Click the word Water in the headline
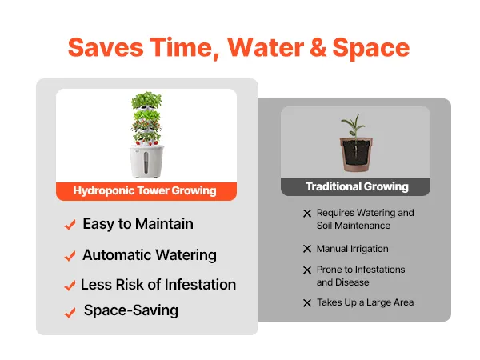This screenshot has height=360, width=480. coord(266,47)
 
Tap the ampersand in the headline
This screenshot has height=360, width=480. coord(318,47)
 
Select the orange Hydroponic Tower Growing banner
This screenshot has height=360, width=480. coord(146,191)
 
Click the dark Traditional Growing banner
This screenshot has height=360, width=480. coord(355,187)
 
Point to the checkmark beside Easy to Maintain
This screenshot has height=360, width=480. coord(70,225)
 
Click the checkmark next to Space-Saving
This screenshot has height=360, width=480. coord(70,313)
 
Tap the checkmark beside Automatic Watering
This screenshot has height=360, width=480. coord(70,256)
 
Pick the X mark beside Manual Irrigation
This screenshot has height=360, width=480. coord(307,249)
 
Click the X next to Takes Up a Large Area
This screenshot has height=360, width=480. coord(307,303)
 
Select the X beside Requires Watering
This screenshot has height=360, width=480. coord(307,214)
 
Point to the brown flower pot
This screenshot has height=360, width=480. coord(356,154)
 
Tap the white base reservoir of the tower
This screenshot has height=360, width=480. coord(146,162)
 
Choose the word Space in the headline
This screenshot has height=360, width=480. coord(371,48)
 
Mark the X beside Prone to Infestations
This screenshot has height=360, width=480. coord(307,270)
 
